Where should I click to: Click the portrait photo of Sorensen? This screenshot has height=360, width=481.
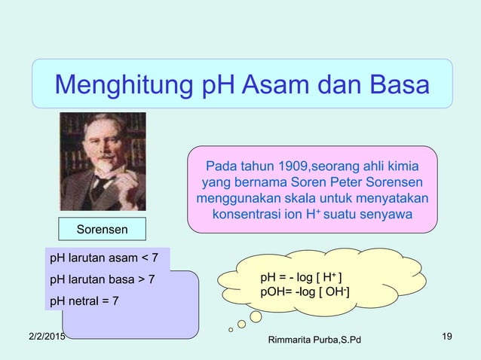pos(103,161)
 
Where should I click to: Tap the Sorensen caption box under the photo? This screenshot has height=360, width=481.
pos(102,228)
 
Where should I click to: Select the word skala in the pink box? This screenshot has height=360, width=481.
pos(313,199)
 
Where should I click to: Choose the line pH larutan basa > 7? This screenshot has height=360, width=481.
pos(102,280)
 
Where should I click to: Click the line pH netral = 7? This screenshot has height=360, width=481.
pos(84,301)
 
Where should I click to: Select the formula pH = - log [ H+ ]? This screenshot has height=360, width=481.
pos(303,278)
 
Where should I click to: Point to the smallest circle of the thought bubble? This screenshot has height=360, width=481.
pos(230,329)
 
